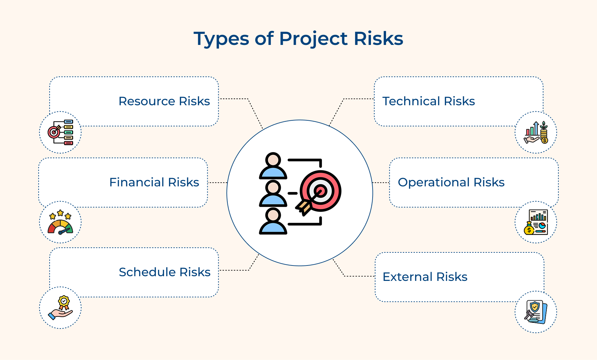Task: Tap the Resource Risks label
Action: pyautogui.click(x=164, y=101)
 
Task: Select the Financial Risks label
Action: pyautogui.click(x=154, y=182)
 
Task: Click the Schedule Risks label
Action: pyautogui.click(x=164, y=272)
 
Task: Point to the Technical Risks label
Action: pyautogui.click(x=428, y=101)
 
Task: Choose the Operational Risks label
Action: pyautogui.click(x=451, y=182)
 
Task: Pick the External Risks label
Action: pyautogui.click(x=425, y=277)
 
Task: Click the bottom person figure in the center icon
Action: pyautogui.click(x=273, y=222)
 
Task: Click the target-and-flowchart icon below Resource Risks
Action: pyautogui.click(x=60, y=132)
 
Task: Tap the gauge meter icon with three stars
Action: pyautogui.click(x=60, y=223)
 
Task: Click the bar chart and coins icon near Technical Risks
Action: pyautogui.click(x=536, y=132)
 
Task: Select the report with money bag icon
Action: pyautogui.click(x=536, y=222)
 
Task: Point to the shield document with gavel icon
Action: pyautogui.click(x=536, y=312)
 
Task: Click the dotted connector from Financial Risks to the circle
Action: pyautogui.click(x=217, y=183)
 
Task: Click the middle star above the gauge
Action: pyautogui.click(x=60, y=213)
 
